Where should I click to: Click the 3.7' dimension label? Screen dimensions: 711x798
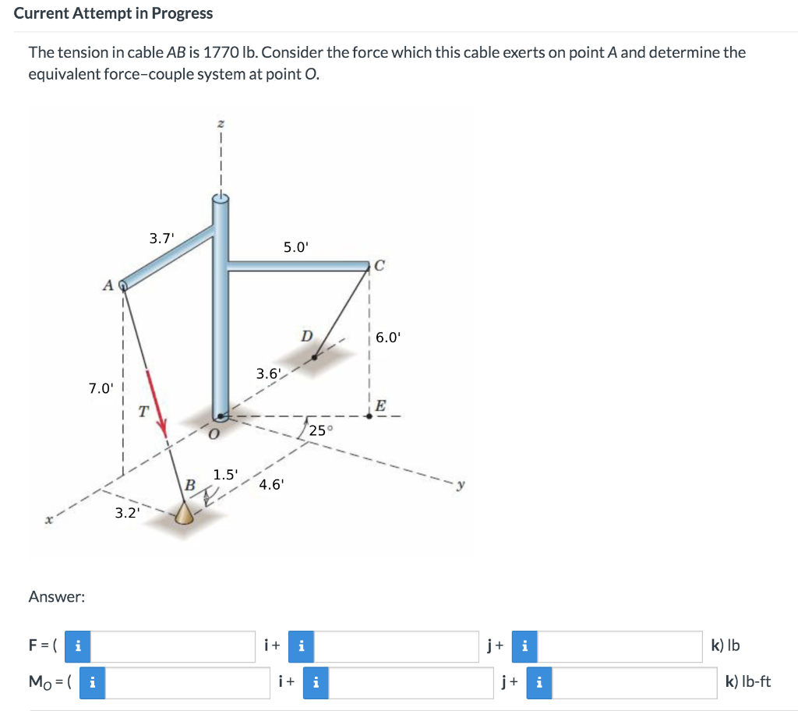pyautogui.click(x=161, y=239)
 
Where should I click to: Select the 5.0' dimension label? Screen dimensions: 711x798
pyautogui.click(x=296, y=247)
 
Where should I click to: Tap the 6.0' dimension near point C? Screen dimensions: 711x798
pyautogui.click(x=388, y=338)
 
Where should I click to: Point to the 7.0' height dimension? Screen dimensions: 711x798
pyautogui.click(x=101, y=387)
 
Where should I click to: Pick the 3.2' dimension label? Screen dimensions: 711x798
pyautogui.click(x=127, y=512)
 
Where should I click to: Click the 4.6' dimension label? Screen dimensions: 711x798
pyautogui.click(x=272, y=484)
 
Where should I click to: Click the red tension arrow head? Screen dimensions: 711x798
pyautogui.click(x=163, y=426)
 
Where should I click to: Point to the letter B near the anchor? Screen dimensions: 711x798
pyautogui.click(x=189, y=485)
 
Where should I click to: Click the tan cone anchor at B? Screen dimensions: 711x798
pyautogui.click(x=184, y=513)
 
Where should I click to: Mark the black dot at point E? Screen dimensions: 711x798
pyautogui.click(x=369, y=416)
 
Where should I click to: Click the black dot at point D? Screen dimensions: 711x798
pyautogui.click(x=315, y=358)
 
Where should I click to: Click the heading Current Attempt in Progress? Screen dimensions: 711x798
pyautogui.click(x=113, y=13)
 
